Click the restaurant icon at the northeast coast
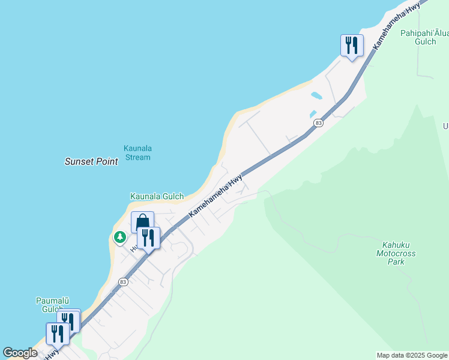click(352, 45)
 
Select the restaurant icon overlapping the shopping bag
click(148, 238)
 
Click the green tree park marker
click(120, 238)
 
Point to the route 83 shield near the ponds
click(318, 123)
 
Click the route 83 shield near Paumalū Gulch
click(123, 281)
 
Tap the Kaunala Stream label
click(137, 153)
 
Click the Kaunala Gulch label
click(157, 196)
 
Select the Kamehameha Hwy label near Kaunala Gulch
click(215, 195)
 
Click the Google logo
click(20, 353)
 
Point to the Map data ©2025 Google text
click(412, 355)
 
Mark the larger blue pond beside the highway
click(316, 95)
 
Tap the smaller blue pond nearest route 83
click(313, 114)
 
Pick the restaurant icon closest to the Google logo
click(58, 333)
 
